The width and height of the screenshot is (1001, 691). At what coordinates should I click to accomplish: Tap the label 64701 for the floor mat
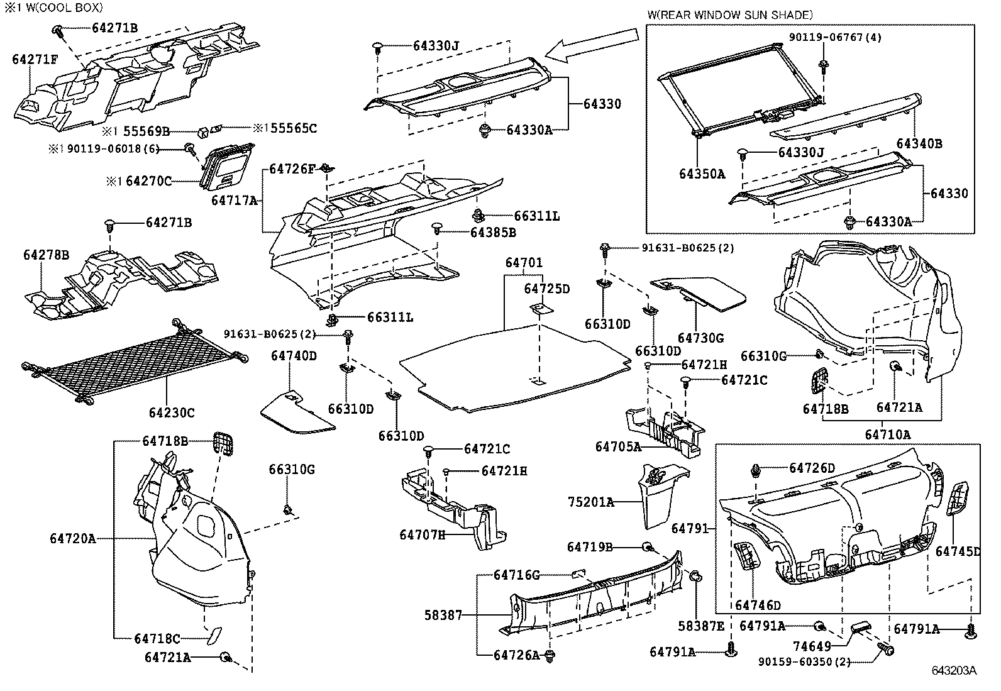click(x=524, y=263)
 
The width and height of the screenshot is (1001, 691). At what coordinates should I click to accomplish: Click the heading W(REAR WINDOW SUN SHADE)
click(x=729, y=14)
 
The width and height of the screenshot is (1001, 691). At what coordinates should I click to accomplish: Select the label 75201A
click(x=590, y=502)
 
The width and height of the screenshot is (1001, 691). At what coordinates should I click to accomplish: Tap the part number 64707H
click(x=422, y=534)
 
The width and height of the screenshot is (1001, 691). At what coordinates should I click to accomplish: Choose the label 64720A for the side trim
click(x=73, y=539)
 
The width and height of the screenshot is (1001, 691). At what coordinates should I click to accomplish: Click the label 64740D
click(x=294, y=356)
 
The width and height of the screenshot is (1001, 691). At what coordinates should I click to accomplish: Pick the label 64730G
click(x=700, y=338)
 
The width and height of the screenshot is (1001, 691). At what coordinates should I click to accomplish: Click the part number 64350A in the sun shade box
click(x=702, y=174)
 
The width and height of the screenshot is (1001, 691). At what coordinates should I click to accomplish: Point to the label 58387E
click(x=701, y=626)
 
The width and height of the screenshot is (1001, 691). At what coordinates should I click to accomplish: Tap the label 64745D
click(x=958, y=551)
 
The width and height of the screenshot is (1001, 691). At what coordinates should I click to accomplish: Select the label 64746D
click(x=758, y=605)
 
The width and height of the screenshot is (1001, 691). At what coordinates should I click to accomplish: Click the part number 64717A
click(x=235, y=201)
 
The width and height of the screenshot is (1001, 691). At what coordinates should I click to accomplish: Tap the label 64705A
click(x=618, y=447)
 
